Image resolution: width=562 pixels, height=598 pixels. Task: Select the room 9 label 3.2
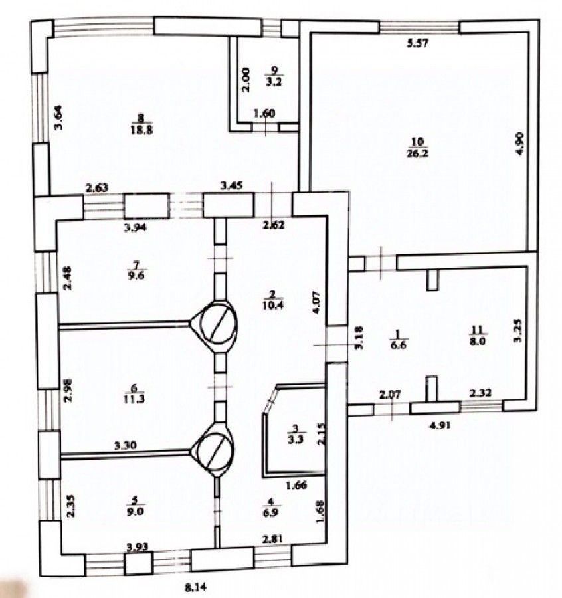tap(272, 83)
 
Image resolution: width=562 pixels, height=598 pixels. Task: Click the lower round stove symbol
tap(213, 450)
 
